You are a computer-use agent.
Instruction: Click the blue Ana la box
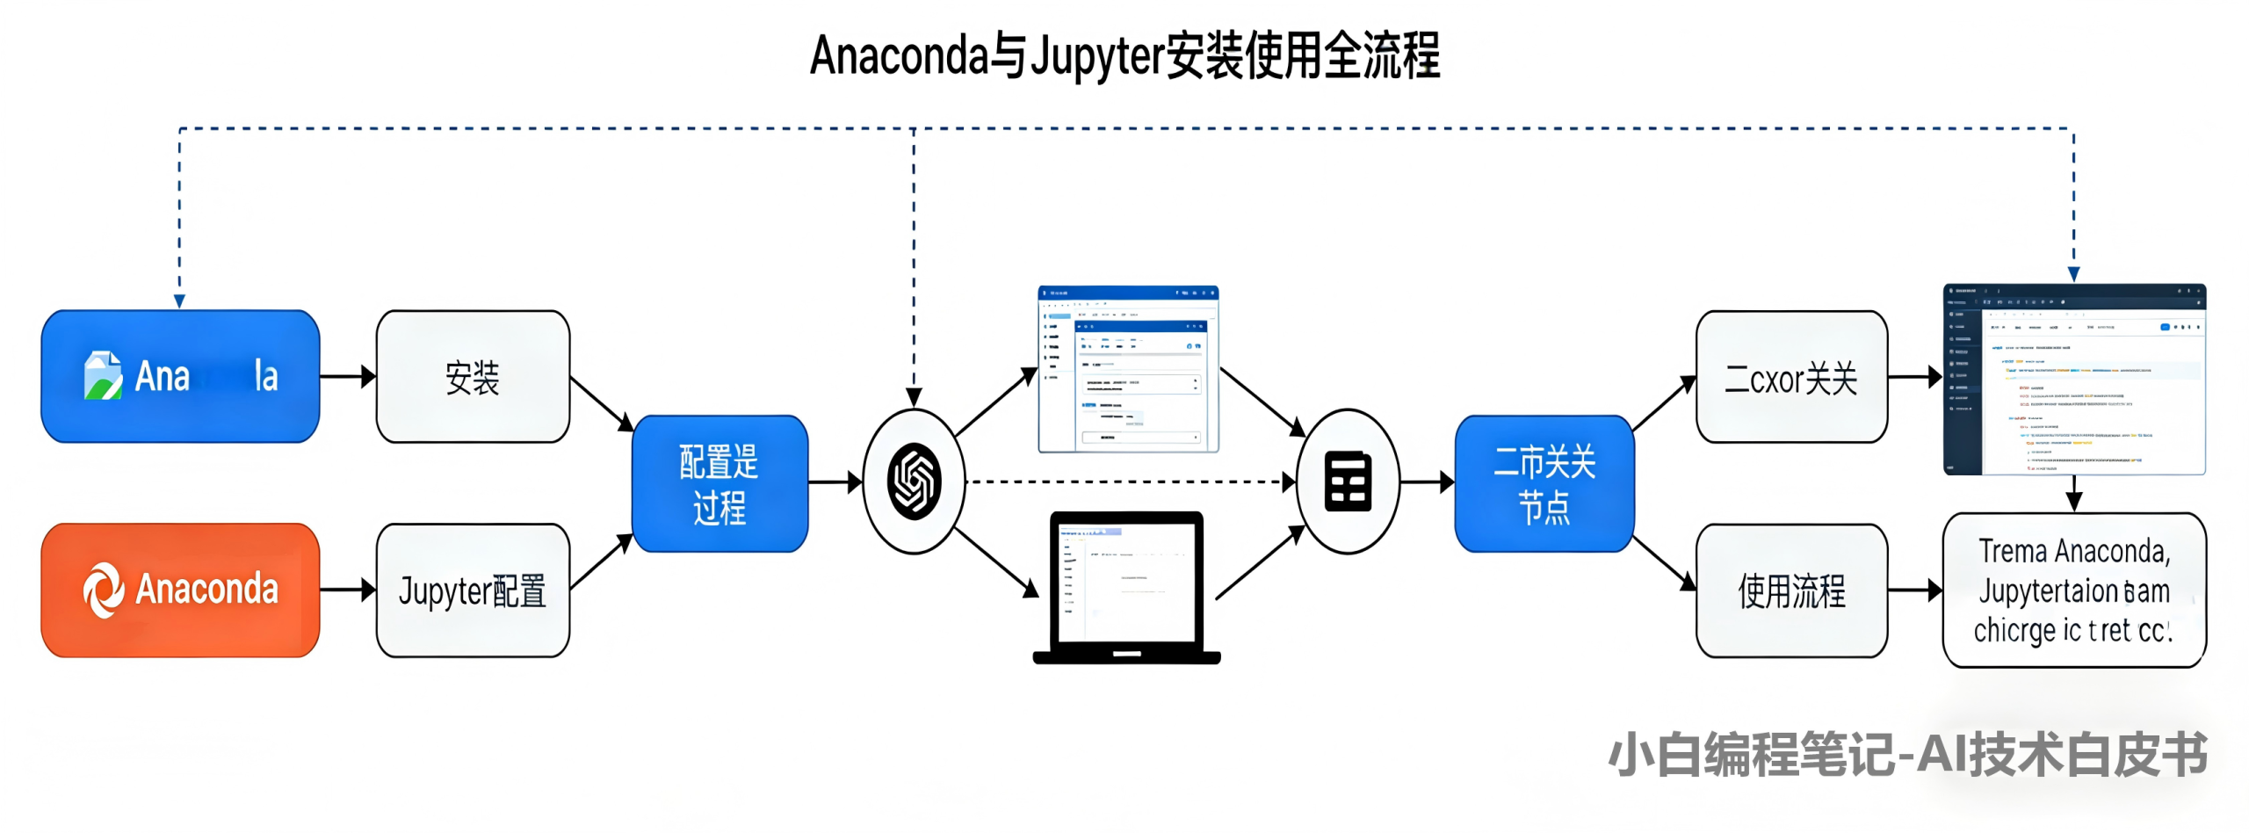click(x=180, y=376)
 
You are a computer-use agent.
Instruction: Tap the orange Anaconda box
click(x=180, y=590)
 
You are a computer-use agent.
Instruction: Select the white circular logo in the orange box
click(x=104, y=590)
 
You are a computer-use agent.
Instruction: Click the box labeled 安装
click(x=473, y=377)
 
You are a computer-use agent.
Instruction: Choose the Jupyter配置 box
click(x=473, y=590)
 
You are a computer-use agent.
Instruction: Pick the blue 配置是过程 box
click(x=720, y=483)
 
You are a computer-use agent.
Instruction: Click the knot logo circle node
click(x=914, y=482)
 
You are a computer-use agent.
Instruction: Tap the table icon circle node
click(x=1348, y=482)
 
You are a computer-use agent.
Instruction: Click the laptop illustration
click(x=1127, y=587)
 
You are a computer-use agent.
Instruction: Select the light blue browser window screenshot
click(x=1128, y=369)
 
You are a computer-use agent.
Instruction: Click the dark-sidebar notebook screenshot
click(x=2074, y=380)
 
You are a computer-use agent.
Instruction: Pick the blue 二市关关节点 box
click(x=1544, y=483)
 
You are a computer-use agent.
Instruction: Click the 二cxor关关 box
click(x=1791, y=377)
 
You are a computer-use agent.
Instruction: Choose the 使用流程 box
click(x=1791, y=590)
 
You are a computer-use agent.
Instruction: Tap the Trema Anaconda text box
click(x=2073, y=590)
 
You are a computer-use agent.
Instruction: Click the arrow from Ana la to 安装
click(x=348, y=377)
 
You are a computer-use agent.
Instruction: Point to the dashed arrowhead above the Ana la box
click(x=179, y=301)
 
